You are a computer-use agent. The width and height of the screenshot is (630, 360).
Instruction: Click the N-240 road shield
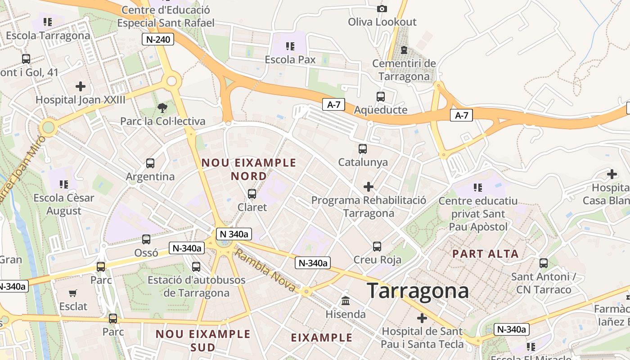click(158, 39)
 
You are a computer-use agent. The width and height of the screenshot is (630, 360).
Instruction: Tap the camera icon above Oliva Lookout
click(382, 9)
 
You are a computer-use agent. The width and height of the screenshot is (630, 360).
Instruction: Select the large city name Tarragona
click(418, 291)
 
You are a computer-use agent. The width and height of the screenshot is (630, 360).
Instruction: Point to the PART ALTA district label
click(486, 254)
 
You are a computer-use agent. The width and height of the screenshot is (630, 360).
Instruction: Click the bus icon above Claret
click(252, 194)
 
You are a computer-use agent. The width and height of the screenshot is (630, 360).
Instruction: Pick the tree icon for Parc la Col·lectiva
click(162, 108)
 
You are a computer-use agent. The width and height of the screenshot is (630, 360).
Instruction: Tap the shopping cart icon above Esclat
click(73, 293)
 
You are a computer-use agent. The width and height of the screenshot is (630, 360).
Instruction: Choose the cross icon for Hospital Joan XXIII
click(81, 86)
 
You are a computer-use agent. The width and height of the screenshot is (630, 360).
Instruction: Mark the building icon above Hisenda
click(346, 301)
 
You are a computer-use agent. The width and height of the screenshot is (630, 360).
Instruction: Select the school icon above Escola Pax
click(290, 46)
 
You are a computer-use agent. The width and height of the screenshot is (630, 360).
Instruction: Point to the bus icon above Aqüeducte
click(381, 96)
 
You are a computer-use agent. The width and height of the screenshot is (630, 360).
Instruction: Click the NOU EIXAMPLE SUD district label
click(203, 340)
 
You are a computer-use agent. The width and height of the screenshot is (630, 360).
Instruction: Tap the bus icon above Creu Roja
click(377, 246)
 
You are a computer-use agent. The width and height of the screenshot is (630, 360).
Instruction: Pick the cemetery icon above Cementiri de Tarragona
click(404, 49)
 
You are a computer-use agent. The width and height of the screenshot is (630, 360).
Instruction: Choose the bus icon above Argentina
click(150, 163)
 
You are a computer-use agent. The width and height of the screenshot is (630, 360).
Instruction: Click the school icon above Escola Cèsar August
click(64, 184)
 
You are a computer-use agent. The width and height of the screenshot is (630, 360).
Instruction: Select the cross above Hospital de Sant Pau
click(422, 318)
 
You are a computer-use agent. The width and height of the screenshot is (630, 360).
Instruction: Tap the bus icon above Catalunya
click(363, 148)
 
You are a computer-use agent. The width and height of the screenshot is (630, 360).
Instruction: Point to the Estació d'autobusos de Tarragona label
click(197, 286)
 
